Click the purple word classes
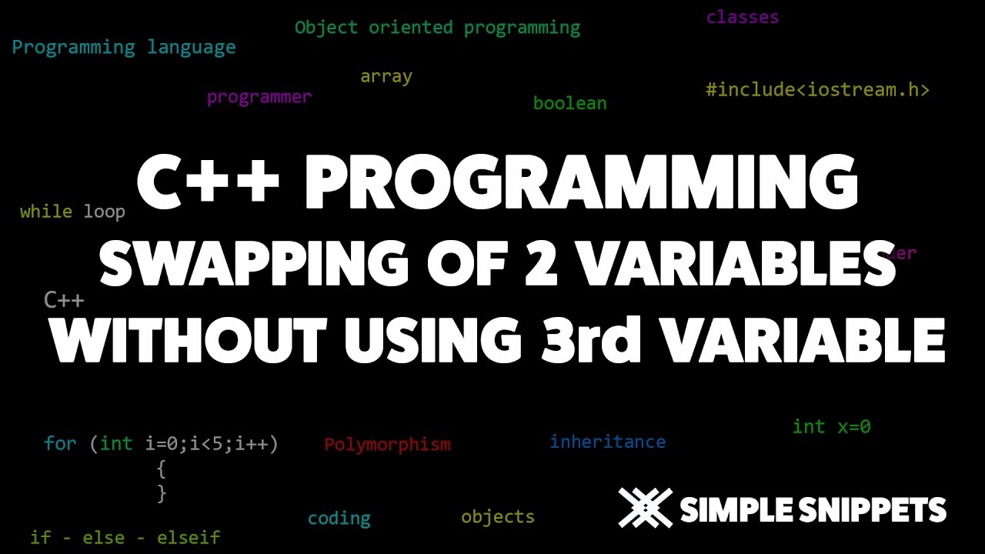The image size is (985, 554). coord(742,17)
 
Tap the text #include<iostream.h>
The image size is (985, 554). coord(817,89)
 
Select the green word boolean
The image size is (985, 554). coord(569,103)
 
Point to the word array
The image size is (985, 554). coord(386,76)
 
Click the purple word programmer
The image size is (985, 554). coord(259,97)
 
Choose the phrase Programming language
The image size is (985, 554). coord(124,48)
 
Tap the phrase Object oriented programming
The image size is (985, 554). coord(437,28)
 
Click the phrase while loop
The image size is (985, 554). coord(72,212)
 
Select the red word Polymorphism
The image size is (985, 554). coord(387,445)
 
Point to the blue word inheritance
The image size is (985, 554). coord(607,442)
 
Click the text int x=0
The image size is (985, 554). coord(831,426)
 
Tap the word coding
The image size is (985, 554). coord(339,519)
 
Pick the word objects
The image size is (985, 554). coord(498,516)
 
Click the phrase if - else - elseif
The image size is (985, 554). coord(125,537)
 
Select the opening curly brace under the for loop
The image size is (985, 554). coord(161,468)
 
